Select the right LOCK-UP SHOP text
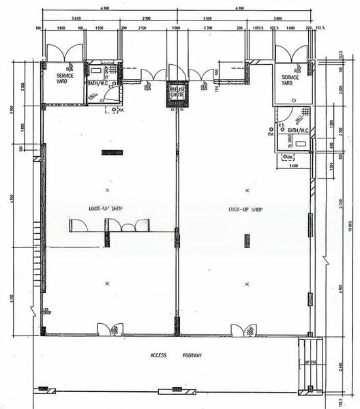[x=247, y=209]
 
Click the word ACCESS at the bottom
[x=159, y=356]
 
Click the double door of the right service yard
[x=290, y=51]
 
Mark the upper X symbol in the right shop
[x=247, y=190]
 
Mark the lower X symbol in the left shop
[x=107, y=283]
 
